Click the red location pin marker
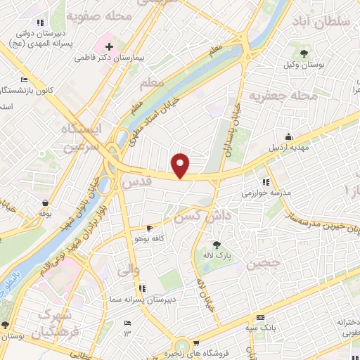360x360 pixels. click(x=181, y=165)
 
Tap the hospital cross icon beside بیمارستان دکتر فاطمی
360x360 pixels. click(x=108, y=46)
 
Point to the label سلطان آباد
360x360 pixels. click(x=326, y=22)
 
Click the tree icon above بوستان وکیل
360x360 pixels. click(x=304, y=53)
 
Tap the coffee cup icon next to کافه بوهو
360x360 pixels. click(x=149, y=229)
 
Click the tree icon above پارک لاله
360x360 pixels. click(x=216, y=245)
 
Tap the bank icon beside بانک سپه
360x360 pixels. click(x=259, y=317)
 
